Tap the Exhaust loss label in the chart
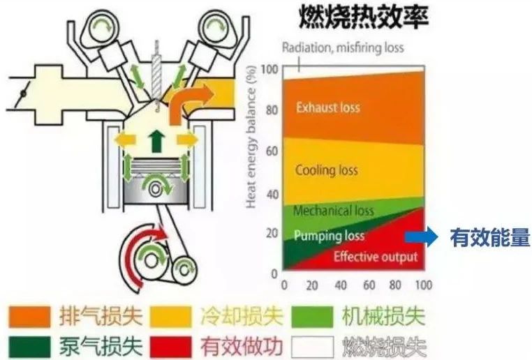(x=327, y=107)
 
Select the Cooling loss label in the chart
(x=326, y=170)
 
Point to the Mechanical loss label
(x=334, y=210)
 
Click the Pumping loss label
(x=329, y=236)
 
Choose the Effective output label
(x=375, y=257)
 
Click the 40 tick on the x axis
(x=341, y=285)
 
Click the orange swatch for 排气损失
(x=29, y=317)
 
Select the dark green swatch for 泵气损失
(x=29, y=345)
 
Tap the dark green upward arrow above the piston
(x=154, y=141)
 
